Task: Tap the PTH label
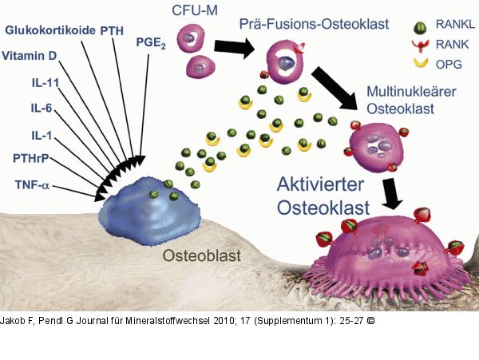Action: click(x=112, y=31)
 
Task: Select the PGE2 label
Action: click(x=151, y=43)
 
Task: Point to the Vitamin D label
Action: click(x=30, y=56)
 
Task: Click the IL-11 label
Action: click(x=46, y=83)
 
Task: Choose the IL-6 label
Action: click(x=42, y=108)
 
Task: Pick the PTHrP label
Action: click(x=31, y=159)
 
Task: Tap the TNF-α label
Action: click(x=32, y=185)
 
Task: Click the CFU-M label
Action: click(x=195, y=10)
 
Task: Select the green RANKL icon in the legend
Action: click(x=420, y=27)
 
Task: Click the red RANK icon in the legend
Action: click(x=420, y=45)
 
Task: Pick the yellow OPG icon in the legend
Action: click(x=421, y=63)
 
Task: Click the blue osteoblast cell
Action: click(x=149, y=212)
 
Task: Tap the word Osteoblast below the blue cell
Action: click(x=202, y=255)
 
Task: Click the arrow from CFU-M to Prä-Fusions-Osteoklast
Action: click(x=234, y=47)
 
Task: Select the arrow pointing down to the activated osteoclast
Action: click(x=391, y=193)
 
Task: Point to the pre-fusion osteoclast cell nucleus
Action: click(x=286, y=63)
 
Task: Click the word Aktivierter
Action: click(x=320, y=184)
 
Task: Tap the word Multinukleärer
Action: click(x=411, y=92)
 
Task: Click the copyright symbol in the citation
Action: click(x=370, y=321)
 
